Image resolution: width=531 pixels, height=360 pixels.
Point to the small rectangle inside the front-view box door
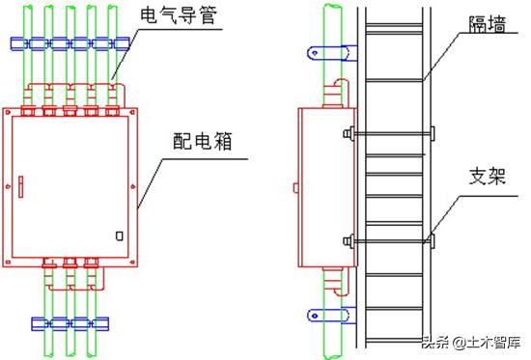[119, 235]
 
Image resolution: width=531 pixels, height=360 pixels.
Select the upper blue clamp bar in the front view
[70, 44]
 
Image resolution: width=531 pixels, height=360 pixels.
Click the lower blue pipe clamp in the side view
[322, 313]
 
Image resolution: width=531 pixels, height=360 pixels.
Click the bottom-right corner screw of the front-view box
[130, 255]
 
